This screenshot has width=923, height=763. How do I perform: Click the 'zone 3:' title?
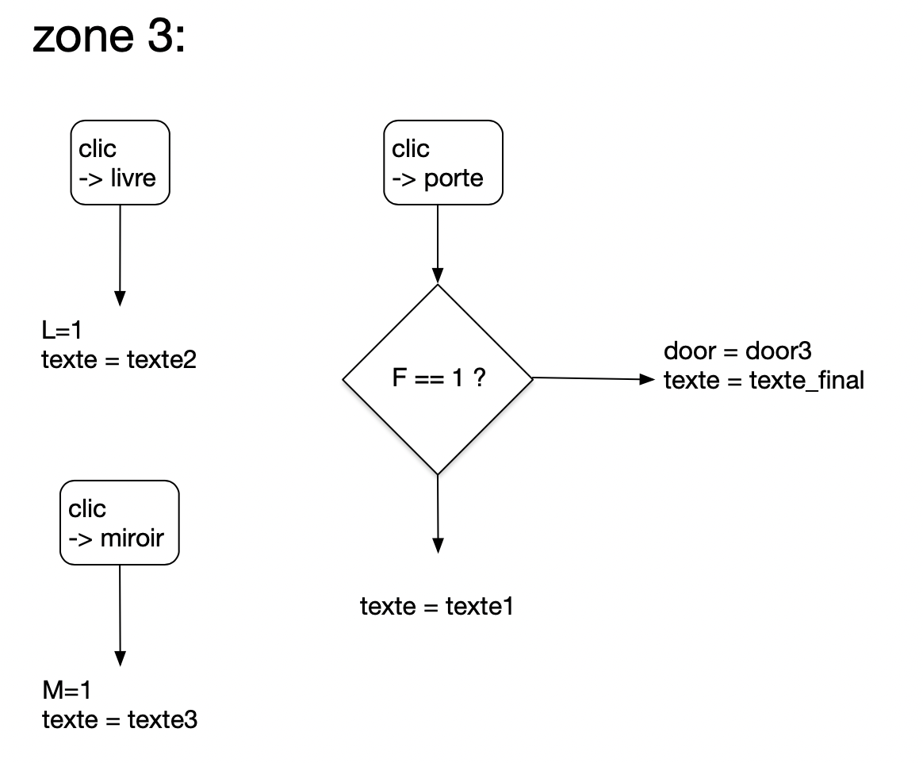pos(109,37)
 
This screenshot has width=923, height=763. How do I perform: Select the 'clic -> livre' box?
pos(119,163)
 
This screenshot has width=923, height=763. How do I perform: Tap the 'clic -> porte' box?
pos(443,163)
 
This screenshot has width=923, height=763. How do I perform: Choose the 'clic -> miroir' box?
pos(119,523)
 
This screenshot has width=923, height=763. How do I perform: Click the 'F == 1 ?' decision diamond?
pos(437,379)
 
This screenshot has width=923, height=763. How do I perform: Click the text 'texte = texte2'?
pos(118,360)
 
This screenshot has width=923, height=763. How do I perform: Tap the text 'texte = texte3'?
pos(119,720)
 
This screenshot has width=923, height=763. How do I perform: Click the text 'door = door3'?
pos(737,351)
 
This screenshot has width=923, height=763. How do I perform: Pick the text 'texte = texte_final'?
pos(763,381)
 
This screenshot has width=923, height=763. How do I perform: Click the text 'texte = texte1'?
pos(437,607)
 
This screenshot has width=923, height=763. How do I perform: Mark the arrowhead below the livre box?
pos(120,298)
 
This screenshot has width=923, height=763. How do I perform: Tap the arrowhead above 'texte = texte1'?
pos(437,545)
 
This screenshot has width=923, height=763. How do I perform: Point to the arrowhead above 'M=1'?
pos(120,658)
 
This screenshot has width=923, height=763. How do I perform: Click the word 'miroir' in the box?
pos(132,538)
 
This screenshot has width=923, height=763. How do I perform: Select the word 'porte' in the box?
pos(454,178)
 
